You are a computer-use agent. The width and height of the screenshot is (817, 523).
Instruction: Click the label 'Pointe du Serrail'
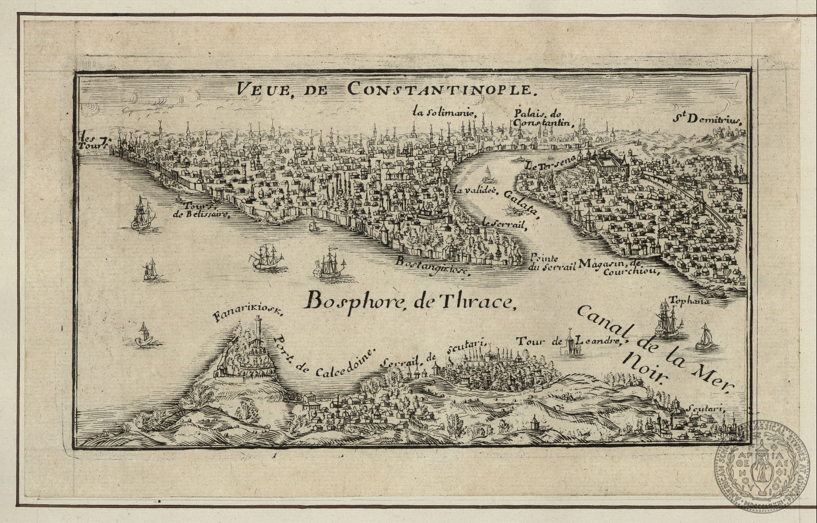click(551, 263)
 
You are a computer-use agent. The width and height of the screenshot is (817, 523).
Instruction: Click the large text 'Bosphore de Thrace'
click(409, 301)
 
